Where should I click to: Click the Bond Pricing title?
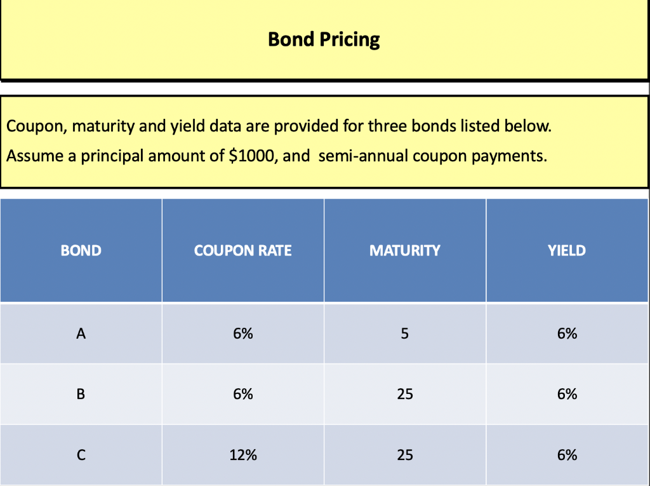[324, 39]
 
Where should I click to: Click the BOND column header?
[81, 250]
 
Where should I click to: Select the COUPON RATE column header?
[242, 250]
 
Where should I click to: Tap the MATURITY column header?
[404, 250]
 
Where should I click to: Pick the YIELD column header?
[567, 250]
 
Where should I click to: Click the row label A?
[81, 334]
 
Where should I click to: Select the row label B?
[81, 394]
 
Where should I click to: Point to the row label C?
[81, 455]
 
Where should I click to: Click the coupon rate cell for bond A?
[242, 334]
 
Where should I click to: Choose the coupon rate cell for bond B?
[242, 394]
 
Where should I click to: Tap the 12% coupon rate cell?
[242, 455]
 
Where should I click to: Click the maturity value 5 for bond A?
[404, 334]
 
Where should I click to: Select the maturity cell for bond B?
[404, 394]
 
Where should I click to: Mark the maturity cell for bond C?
[404, 455]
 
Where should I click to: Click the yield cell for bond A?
[567, 334]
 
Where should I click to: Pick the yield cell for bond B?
[567, 394]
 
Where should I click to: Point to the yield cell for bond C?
[567, 455]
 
